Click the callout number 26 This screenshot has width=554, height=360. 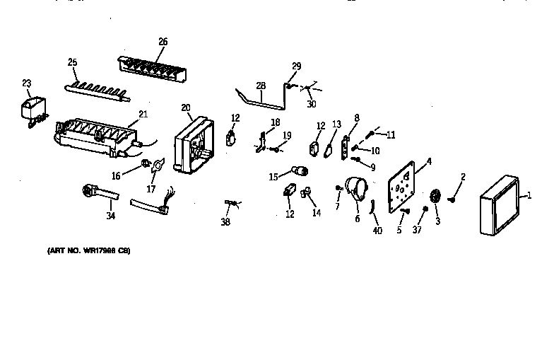[x=163, y=42]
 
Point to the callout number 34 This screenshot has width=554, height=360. [x=110, y=215]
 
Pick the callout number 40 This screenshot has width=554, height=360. [x=377, y=231]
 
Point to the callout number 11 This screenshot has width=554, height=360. [x=391, y=134]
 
